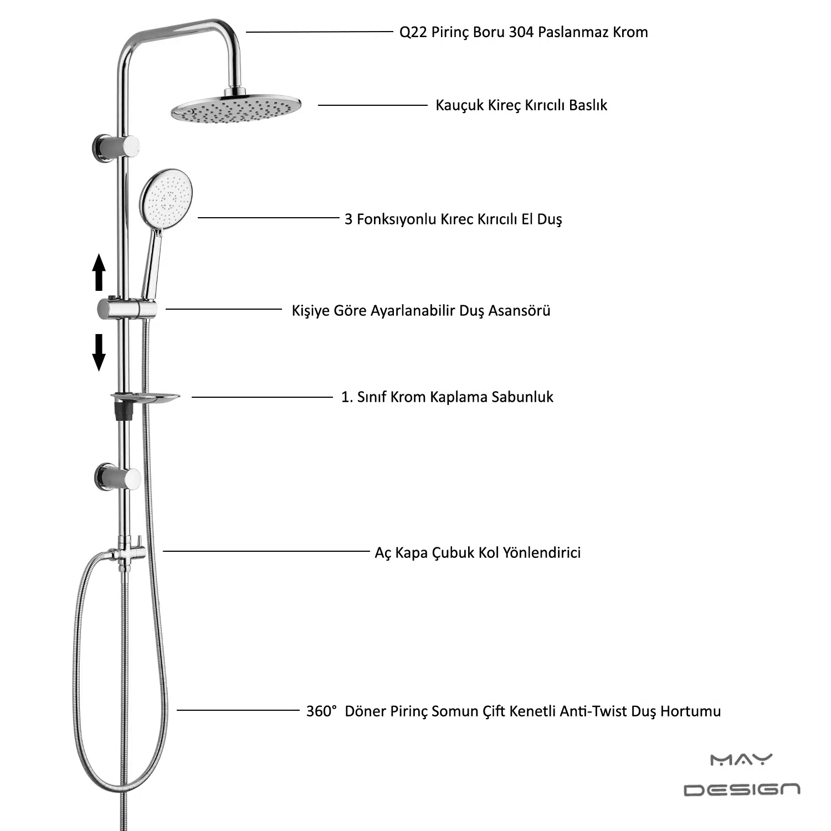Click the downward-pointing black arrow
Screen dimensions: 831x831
(99, 352)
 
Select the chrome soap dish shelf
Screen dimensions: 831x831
(146, 397)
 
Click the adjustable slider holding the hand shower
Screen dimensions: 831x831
(126, 309)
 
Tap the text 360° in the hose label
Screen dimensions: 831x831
(321, 711)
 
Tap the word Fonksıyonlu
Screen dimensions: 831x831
(396, 219)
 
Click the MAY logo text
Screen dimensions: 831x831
(741, 760)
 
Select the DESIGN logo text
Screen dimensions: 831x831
(742, 789)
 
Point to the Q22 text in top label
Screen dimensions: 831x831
(413, 33)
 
